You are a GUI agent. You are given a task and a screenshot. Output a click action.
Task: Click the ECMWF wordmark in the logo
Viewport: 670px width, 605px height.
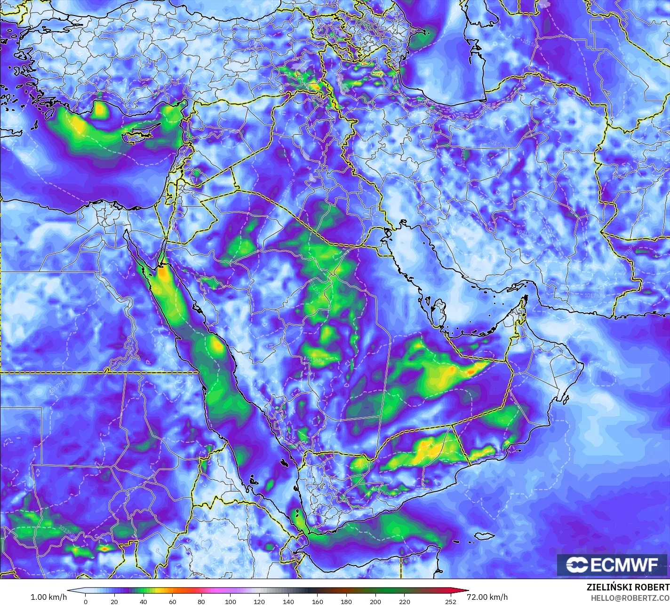(x=624, y=565)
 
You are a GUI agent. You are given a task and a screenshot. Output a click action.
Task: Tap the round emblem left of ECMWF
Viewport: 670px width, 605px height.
(x=575, y=565)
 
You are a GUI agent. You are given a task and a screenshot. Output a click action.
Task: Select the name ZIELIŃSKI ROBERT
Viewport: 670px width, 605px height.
(x=628, y=587)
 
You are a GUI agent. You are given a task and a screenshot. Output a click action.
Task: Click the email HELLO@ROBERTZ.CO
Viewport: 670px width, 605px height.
(x=630, y=597)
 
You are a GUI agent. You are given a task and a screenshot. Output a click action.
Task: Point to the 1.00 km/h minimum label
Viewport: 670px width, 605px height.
(x=48, y=597)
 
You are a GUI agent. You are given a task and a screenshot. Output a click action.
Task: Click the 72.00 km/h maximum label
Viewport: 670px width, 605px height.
(x=489, y=597)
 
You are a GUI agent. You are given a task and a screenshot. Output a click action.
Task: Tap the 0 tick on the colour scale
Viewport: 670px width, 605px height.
(x=85, y=602)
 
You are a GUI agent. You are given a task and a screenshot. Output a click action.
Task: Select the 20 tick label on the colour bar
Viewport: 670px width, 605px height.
(x=114, y=602)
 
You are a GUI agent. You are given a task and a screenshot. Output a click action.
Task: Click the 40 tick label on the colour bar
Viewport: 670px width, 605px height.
(x=144, y=602)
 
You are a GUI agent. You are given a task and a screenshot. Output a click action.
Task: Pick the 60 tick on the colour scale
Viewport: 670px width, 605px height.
(x=172, y=602)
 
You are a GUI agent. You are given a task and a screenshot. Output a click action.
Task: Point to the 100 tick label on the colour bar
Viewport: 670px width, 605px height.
(x=230, y=602)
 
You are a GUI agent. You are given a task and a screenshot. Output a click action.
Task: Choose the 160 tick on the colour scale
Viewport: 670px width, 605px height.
(x=317, y=602)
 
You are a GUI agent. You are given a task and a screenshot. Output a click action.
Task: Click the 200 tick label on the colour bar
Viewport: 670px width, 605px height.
(x=375, y=602)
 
